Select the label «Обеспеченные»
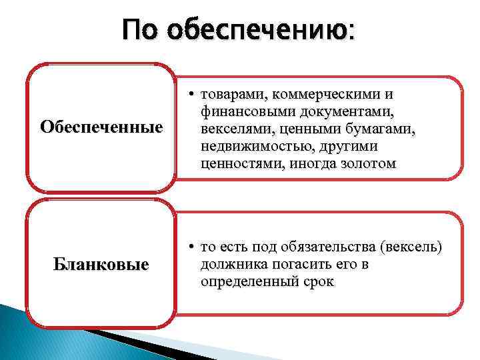point(101,127)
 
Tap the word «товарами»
point(230,95)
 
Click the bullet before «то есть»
point(191,248)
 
